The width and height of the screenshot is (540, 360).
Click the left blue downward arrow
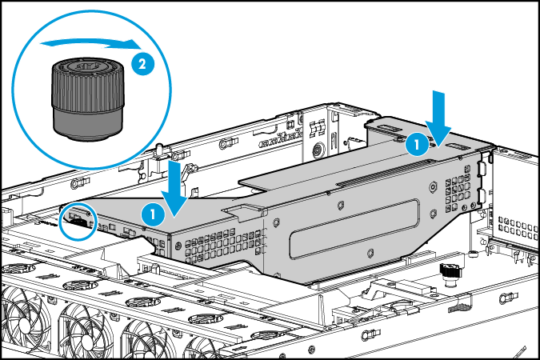tap(176, 186)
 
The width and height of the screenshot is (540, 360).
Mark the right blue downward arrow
tap(438, 111)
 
